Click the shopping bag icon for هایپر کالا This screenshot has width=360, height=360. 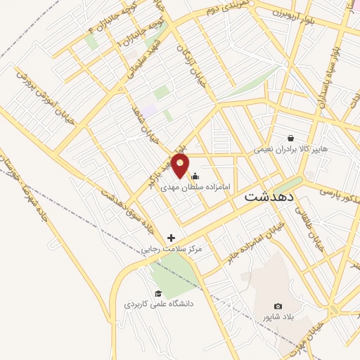(x=290, y=138)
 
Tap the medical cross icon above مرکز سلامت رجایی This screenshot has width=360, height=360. (x=171, y=238)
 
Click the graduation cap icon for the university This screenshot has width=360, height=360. (x=158, y=294)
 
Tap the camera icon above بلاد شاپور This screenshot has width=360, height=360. (x=278, y=306)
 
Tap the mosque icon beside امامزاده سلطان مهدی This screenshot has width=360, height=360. (x=195, y=176)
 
